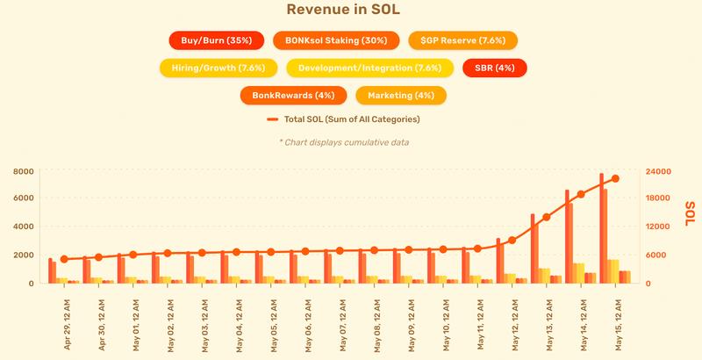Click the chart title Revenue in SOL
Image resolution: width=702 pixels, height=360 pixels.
coord(351,10)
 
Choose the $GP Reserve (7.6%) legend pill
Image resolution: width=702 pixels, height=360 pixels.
coord(462,40)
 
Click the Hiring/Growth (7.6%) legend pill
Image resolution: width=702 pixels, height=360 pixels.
coord(218,68)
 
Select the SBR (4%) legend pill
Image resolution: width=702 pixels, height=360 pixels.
coord(494,68)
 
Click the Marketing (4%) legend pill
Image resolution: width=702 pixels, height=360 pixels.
coord(401,94)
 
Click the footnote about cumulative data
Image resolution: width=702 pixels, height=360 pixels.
coord(344,141)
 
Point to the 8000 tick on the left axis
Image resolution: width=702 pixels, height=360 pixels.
coord(23,171)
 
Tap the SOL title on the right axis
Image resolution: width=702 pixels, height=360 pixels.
coord(691,212)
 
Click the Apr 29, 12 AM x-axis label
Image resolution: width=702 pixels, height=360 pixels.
coord(68,320)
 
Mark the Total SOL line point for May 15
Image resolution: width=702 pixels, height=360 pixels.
coord(615,178)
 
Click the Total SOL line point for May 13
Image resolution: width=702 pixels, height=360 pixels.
coord(546,217)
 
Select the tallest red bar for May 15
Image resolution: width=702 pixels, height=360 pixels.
coord(602,228)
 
